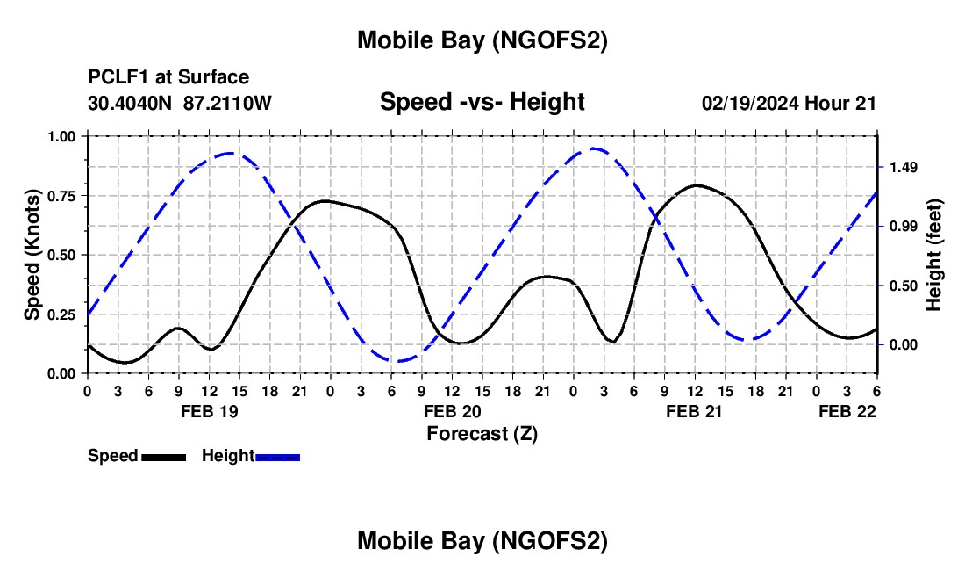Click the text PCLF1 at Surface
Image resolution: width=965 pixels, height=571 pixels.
pos(168,78)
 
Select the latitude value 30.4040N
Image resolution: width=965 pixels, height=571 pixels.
pos(132,103)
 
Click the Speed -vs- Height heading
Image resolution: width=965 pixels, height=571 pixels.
pos(482,102)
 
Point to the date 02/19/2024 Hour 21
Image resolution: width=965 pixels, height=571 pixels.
pos(790,103)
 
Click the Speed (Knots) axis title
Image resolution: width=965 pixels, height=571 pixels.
pos(32,255)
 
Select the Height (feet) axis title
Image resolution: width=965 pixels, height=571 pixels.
pos(933,255)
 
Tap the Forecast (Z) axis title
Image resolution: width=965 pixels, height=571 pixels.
pos(482,433)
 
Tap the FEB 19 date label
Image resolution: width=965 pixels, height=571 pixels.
pos(208,411)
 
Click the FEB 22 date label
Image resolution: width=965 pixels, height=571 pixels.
pos(847,411)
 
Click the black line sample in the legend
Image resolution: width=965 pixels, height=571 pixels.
pos(163,457)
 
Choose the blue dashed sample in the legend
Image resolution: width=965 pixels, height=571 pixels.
pos(277,457)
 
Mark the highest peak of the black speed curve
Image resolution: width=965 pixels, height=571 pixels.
pos(696,185)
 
